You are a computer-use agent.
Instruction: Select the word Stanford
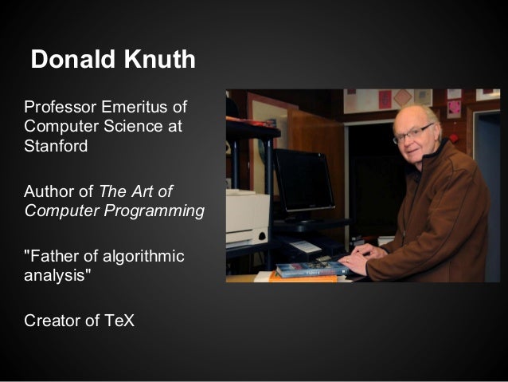(56, 146)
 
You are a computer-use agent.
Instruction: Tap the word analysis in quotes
(55, 277)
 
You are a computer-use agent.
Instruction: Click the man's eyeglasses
(412, 133)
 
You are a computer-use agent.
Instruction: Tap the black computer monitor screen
(304, 179)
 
